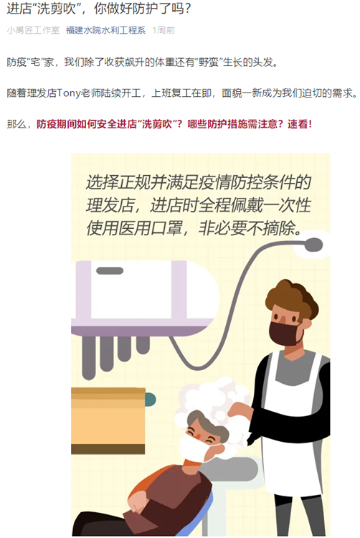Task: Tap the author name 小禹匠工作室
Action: pos(32,31)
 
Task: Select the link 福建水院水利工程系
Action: pos(105,31)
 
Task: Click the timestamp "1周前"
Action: pos(164,31)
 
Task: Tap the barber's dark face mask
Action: pos(285,332)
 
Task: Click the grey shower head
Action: pos(313,245)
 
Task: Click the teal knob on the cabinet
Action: pos(150,399)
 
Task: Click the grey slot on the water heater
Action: pos(109,271)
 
